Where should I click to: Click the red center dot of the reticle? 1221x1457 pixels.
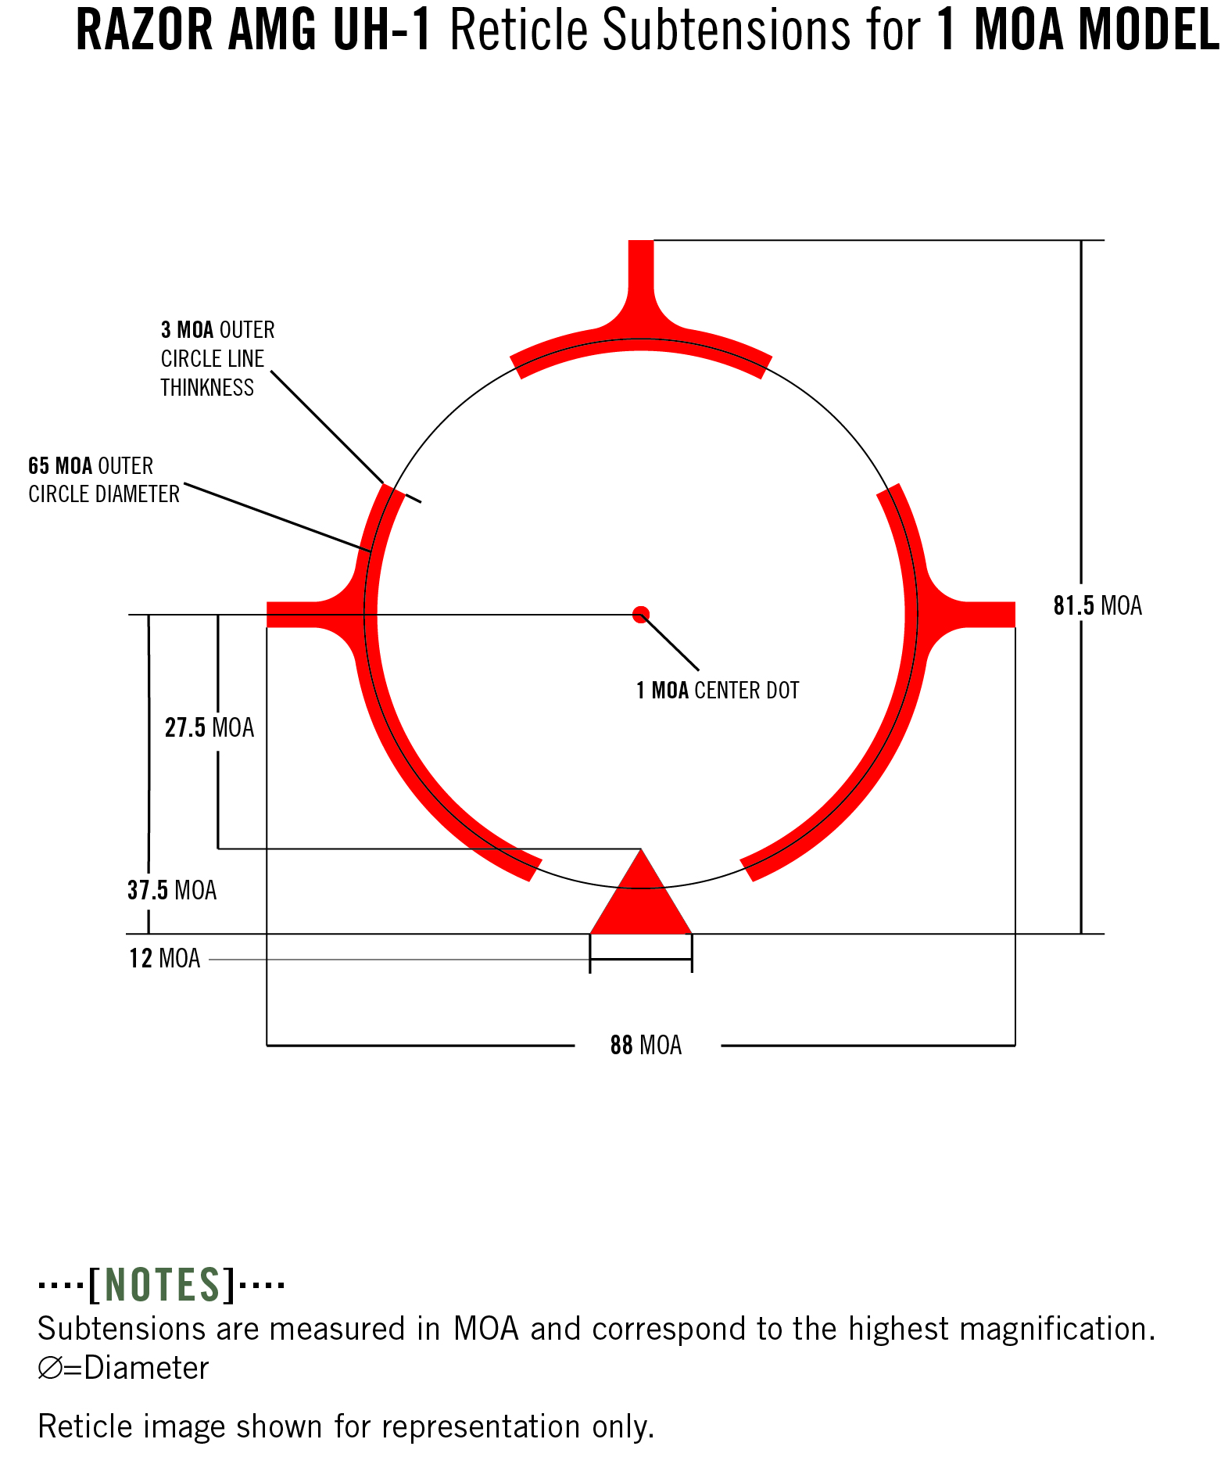pyautogui.click(x=641, y=615)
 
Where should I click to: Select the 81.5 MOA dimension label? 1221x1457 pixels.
pyautogui.click(x=1097, y=606)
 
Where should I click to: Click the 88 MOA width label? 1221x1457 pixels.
pyautogui.click(x=646, y=1046)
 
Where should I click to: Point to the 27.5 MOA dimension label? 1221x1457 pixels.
pyautogui.click(x=209, y=728)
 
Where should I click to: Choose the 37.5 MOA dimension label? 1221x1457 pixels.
pyautogui.click(x=172, y=891)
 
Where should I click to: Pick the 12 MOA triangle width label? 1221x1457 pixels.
pyautogui.click(x=165, y=959)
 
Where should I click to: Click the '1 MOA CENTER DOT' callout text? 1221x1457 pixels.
pyautogui.click(x=718, y=691)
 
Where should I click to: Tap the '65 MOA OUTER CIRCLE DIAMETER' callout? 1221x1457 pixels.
pyautogui.click(x=104, y=480)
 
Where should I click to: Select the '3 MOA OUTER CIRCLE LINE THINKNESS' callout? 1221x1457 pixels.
pyautogui.click(x=217, y=359)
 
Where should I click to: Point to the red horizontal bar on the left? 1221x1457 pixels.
pyautogui.click(x=297, y=615)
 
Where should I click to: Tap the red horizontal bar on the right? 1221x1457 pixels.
pyautogui.click(x=986, y=615)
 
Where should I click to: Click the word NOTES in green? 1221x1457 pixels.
pyautogui.click(x=163, y=1285)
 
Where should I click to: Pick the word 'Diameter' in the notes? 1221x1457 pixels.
pyautogui.click(x=146, y=1368)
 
